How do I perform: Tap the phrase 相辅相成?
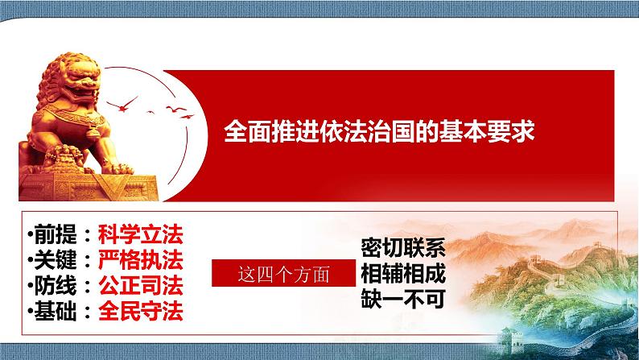pos(403,272)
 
